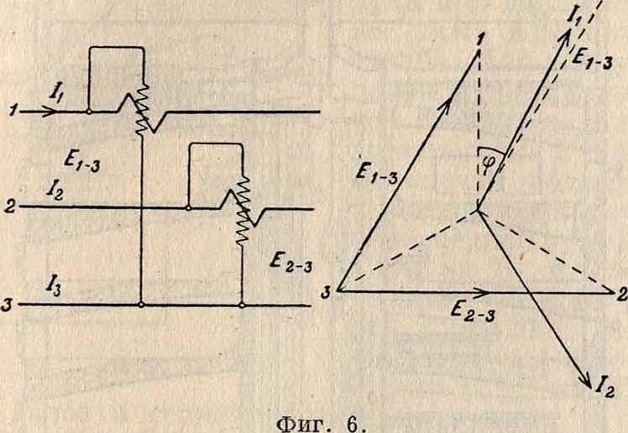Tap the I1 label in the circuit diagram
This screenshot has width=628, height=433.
pyautogui.click(x=55, y=95)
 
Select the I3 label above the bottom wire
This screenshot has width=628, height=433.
pyautogui.click(x=54, y=286)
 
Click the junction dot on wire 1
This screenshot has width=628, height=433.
pyautogui.click(x=88, y=112)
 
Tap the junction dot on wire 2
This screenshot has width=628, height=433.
pyautogui.click(x=187, y=208)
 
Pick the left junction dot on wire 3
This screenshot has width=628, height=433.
pyautogui.click(x=141, y=305)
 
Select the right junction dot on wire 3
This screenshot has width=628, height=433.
pyautogui.click(x=242, y=305)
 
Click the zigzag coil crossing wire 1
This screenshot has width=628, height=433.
pyautogui.click(x=140, y=108)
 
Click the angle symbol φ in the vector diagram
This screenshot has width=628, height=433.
pyautogui.click(x=488, y=164)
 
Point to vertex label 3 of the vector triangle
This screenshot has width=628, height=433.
pyautogui.click(x=327, y=294)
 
